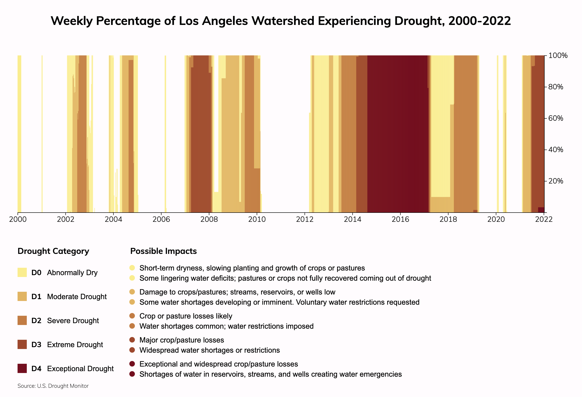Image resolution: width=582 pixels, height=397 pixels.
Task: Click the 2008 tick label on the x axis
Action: [209, 220]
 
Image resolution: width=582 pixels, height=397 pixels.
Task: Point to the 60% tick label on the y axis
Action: [556, 118]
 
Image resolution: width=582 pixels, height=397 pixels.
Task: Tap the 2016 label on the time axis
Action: [400, 220]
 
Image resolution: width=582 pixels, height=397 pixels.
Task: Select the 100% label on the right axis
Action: [558, 56]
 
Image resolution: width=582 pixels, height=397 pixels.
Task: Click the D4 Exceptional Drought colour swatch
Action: [22, 368]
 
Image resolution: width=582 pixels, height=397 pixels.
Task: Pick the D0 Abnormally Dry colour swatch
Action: [22, 272]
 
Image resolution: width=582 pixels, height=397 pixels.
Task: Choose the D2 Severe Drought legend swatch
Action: [22, 320]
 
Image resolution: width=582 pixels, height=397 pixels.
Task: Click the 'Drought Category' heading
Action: [53, 251]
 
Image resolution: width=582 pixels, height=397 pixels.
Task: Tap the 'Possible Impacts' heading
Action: [163, 251]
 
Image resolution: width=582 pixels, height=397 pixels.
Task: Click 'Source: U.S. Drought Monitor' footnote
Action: [53, 386]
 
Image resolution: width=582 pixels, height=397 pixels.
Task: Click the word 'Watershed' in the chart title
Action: [283, 21]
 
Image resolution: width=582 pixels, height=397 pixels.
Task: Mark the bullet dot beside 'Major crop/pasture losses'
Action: [132, 340]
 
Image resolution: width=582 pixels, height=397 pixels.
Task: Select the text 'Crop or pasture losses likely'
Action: [185, 316]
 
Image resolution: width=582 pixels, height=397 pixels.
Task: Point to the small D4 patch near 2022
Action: [541, 210]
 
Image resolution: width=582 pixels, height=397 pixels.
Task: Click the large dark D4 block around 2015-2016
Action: [398, 133]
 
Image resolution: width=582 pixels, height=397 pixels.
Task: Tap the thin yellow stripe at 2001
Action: [42, 133]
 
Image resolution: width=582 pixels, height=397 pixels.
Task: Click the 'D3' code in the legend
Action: [36, 345]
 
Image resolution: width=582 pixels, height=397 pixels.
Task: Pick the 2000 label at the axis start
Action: [18, 220]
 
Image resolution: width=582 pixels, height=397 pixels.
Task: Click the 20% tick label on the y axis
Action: [556, 181]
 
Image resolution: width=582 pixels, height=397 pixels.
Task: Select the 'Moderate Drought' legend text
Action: [77, 297]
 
